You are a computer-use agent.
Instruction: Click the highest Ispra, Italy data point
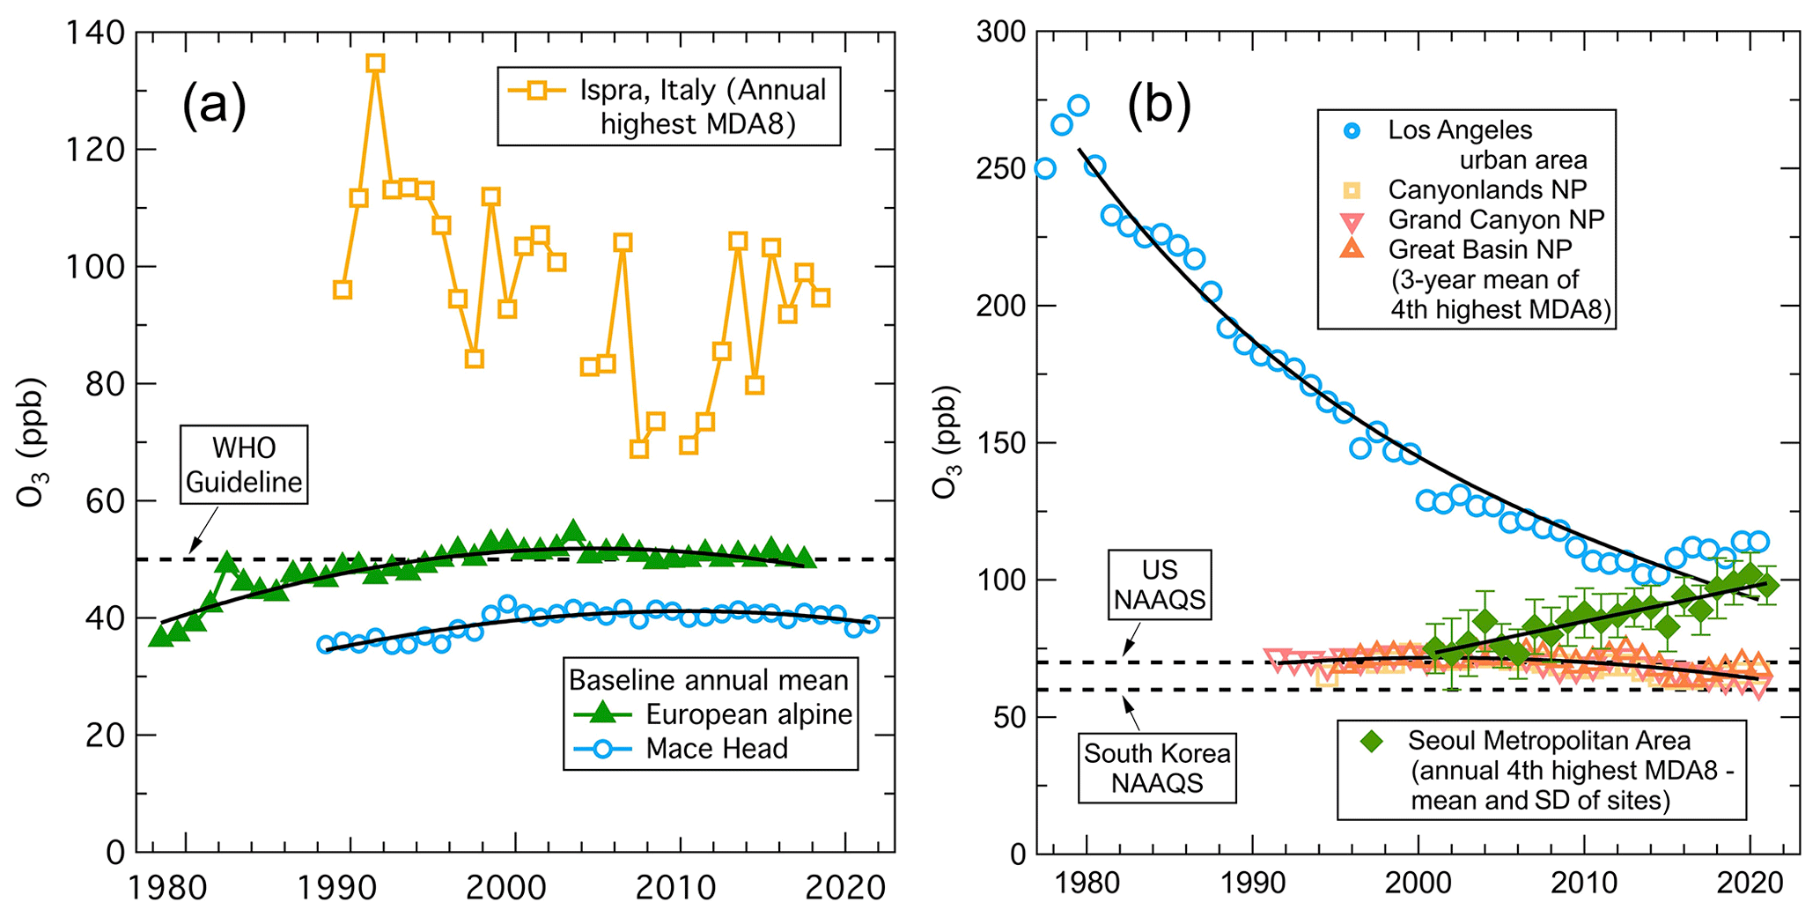pos(375,63)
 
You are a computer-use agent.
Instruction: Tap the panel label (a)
pos(214,106)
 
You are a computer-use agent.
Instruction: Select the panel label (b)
pos(1159,106)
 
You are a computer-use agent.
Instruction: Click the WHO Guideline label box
pos(244,465)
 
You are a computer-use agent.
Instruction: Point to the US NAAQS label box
pos(1160,585)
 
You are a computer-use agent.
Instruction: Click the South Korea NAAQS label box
pos(1157,768)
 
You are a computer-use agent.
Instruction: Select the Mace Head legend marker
pos(602,749)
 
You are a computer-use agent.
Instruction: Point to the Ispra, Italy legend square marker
pos(535,90)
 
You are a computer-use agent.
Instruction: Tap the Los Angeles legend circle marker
pos(1352,131)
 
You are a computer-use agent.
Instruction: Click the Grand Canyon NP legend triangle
pos(1352,220)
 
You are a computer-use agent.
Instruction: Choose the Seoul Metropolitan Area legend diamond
pos(1371,741)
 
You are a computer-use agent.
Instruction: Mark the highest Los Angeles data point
pos(1078,107)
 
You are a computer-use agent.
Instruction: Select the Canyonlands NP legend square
pos(1352,190)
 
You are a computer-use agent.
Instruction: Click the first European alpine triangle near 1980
pos(160,635)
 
